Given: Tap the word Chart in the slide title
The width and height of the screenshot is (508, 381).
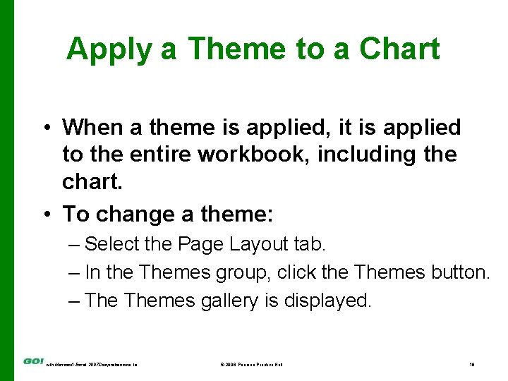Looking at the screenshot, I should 399,49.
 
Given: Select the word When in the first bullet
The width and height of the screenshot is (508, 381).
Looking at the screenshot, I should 94,128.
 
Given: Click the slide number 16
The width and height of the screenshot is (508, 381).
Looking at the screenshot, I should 472,364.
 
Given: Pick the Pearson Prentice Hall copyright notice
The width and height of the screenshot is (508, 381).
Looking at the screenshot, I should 252,364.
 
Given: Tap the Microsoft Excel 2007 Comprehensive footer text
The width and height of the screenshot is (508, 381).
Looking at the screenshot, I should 92,364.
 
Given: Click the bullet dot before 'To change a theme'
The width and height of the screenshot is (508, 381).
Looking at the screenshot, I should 45,214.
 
